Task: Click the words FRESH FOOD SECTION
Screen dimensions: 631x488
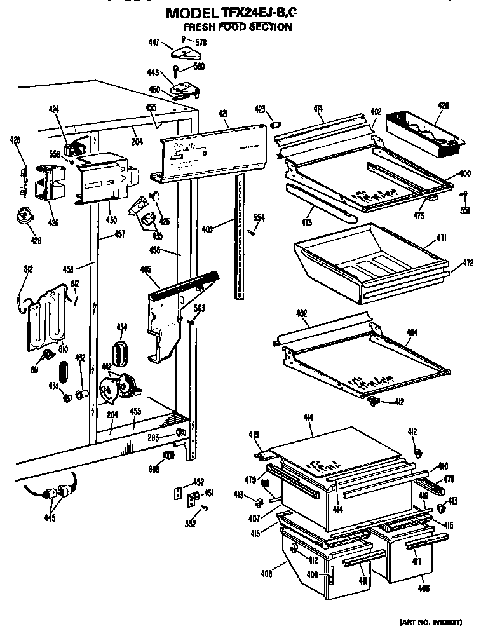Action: (x=238, y=27)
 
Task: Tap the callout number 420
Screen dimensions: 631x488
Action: (x=442, y=105)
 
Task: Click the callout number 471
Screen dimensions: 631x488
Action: (x=442, y=238)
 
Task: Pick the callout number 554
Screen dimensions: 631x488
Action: (x=259, y=218)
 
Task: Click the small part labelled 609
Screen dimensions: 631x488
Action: (x=168, y=456)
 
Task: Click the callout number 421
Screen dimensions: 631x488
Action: (x=223, y=114)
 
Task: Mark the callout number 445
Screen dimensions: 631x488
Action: (x=50, y=518)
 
